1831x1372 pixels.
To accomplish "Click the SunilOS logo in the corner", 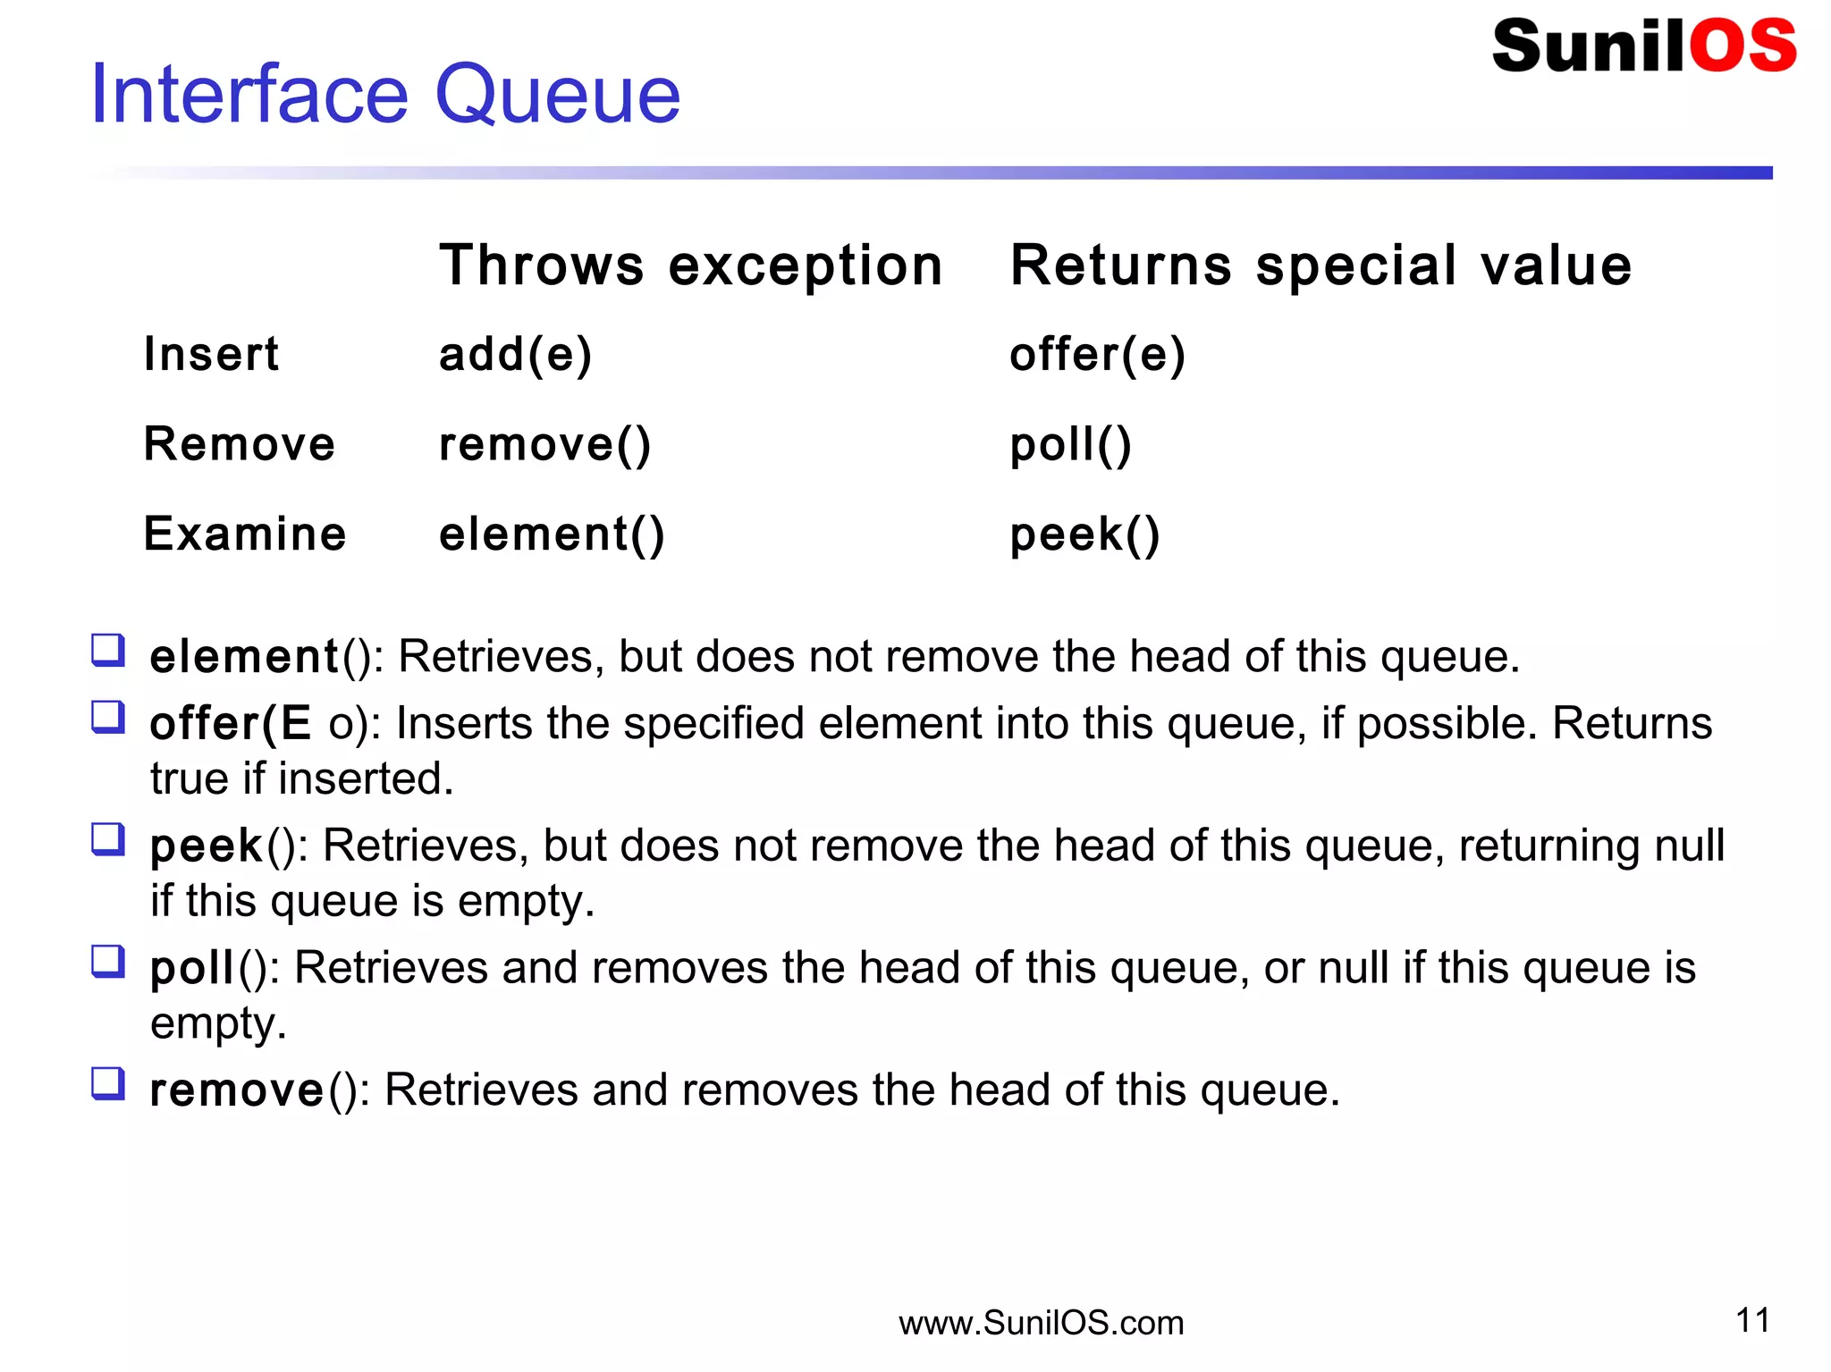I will [x=1643, y=46].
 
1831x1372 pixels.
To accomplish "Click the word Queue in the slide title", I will [x=557, y=95].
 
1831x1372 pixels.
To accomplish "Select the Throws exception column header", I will [x=691, y=265].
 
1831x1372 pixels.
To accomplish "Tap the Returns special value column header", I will [x=1321, y=265].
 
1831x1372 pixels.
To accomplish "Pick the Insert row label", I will [x=211, y=354].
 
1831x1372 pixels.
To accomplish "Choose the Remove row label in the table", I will [x=240, y=444].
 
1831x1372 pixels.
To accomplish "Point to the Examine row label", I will [x=245, y=534].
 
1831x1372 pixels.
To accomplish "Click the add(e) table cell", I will [x=516, y=354].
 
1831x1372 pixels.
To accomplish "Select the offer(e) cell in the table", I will [x=1097, y=354].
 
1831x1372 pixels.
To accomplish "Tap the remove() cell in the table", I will [x=544, y=444].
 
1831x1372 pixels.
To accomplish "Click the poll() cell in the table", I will [x=1070, y=444].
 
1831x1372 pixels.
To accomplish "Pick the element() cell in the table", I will [x=552, y=534].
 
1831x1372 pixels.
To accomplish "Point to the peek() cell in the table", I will [x=1084, y=534].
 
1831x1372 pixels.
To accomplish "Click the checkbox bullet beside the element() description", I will [x=108, y=650].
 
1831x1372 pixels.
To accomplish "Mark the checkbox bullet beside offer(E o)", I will [x=108, y=716].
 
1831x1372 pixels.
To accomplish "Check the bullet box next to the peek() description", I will [x=108, y=838].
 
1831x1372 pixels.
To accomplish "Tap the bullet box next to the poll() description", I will [x=108, y=961].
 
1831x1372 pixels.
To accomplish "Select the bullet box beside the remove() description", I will [x=108, y=1082].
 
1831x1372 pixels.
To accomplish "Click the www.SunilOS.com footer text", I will [x=1041, y=1323].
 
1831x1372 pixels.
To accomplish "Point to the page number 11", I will [x=1752, y=1320].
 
